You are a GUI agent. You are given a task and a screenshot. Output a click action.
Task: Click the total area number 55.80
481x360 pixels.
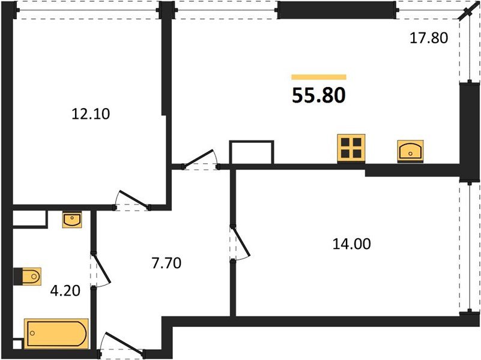coord(318,95)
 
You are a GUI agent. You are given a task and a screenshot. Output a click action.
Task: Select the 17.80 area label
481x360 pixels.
coord(429,38)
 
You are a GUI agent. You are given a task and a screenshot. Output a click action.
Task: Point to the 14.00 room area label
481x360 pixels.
coord(351,244)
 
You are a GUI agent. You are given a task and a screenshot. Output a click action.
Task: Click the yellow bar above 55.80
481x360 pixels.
coord(318,77)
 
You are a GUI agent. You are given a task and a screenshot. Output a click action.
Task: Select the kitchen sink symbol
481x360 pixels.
coord(411,150)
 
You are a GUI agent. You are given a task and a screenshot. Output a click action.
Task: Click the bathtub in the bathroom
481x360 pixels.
coord(56,332)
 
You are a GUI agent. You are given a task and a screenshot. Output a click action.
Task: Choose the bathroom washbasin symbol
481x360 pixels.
coord(72,220)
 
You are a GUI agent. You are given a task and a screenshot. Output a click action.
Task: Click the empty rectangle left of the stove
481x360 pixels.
coord(252,152)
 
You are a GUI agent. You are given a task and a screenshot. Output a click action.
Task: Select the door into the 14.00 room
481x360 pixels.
coord(241,242)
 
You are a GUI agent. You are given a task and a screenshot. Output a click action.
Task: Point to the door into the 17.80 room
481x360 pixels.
coord(200,158)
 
